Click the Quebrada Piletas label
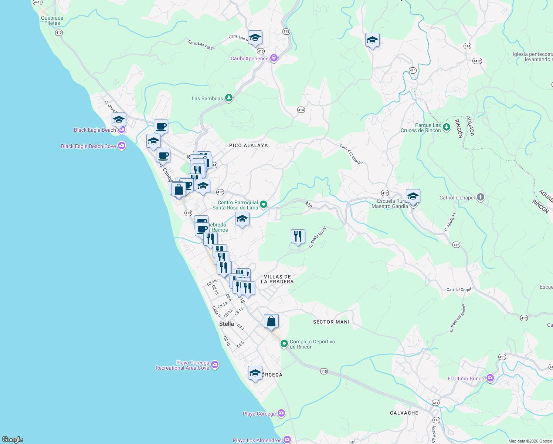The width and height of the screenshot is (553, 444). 52,20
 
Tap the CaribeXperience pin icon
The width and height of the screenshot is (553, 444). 274,58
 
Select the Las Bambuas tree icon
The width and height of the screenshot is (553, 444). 229,98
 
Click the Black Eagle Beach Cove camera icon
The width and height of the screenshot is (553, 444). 122,146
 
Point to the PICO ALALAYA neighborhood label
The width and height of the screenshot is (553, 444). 248,145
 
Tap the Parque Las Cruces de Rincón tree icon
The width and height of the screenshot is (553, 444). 447,127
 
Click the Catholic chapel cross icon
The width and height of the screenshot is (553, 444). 480,197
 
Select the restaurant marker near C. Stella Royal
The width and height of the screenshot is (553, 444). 298,236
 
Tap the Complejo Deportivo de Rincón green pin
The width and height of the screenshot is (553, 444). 284,344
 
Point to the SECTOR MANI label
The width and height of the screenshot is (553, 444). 331,322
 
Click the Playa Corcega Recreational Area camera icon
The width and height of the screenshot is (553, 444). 215,365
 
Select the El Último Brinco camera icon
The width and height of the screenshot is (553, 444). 490,378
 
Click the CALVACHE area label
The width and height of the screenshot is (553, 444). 404,413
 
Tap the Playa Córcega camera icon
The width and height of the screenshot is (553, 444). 281,413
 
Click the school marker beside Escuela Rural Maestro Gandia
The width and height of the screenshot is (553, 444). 413,196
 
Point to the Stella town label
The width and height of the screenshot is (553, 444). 227,324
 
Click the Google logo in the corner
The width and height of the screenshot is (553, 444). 13,439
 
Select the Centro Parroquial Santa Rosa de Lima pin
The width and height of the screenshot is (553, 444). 264,204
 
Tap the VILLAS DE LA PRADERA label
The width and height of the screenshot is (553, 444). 277,279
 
